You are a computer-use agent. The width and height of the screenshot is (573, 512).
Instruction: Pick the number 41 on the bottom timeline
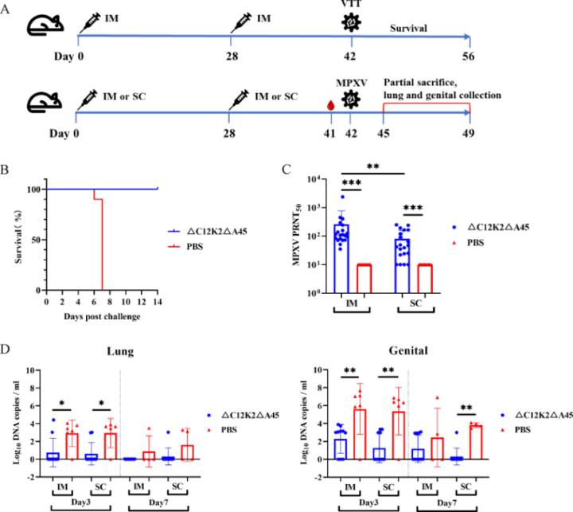click(328, 132)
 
